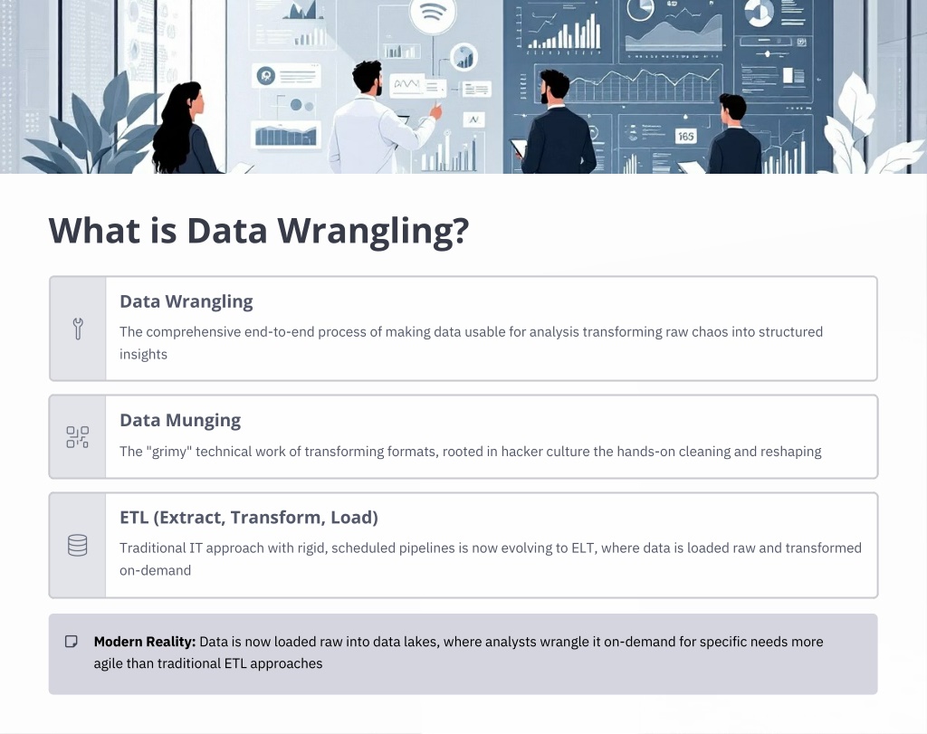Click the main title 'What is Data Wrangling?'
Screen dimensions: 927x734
(x=259, y=231)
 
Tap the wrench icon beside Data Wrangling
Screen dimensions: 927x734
(x=78, y=329)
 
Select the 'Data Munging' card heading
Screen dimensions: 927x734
(x=180, y=420)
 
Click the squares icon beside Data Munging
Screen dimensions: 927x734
(x=78, y=437)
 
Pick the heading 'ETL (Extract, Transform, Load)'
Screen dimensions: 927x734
(x=249, y=517)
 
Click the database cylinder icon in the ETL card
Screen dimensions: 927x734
(x=78, y=546)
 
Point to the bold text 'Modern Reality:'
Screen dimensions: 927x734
(x=145, y=642)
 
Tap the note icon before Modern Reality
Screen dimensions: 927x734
(x=71, y=642)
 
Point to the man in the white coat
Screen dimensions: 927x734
(x=377, y=119)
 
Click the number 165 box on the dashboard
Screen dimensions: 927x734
(x=686, y=137)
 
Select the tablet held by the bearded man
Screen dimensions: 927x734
(x=519, y=148)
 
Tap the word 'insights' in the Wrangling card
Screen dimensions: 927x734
(x=144, y=354)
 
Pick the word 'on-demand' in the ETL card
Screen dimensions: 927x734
(x=156, y=570)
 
